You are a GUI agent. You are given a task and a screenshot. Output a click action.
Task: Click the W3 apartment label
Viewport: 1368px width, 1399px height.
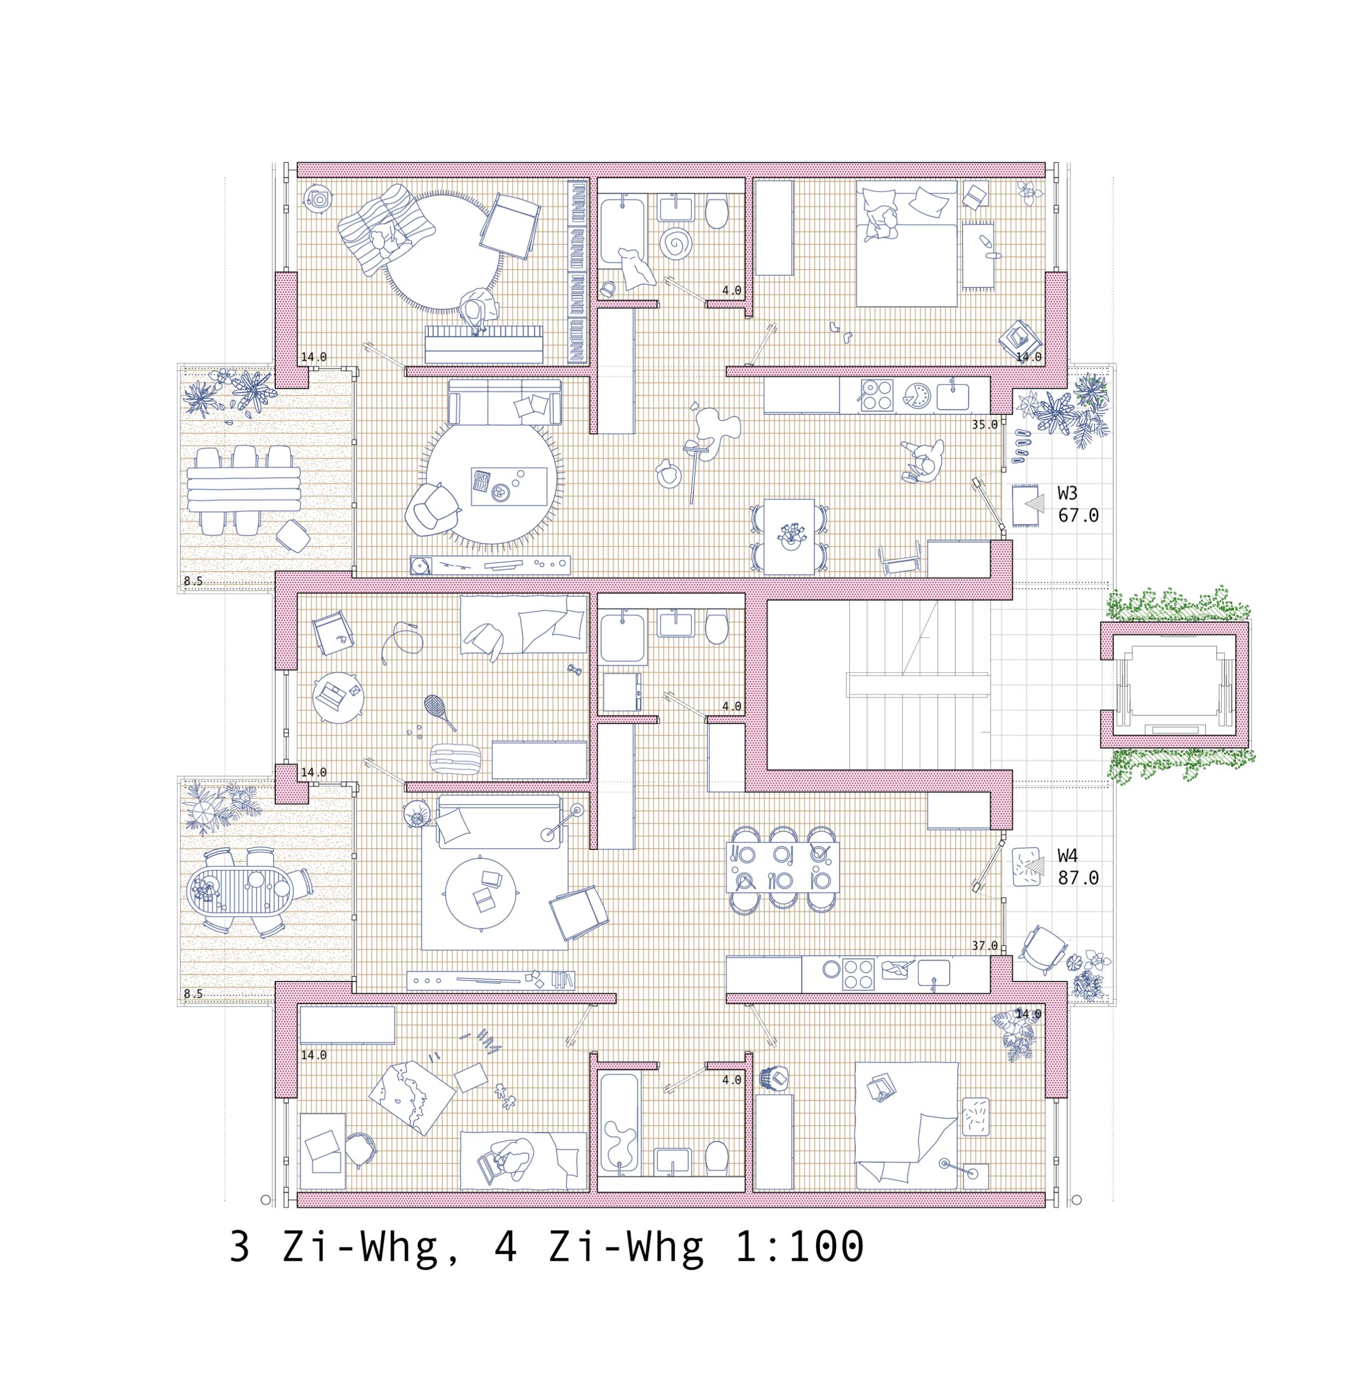pyautogui.click(x=1067, y=494)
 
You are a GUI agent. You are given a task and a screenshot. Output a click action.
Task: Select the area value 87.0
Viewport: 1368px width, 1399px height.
pyautogui.click(x=1078, y=878)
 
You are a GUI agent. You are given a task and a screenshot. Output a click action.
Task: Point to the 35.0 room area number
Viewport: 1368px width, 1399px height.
pyautogui.click(x=984, y=425)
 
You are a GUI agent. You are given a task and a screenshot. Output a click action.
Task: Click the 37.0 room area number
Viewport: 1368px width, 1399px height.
pyautogui.click(x=984, y=945)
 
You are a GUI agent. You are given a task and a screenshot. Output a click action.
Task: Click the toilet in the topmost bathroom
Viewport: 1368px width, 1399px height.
pyautogui.click(x=716, y=212)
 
